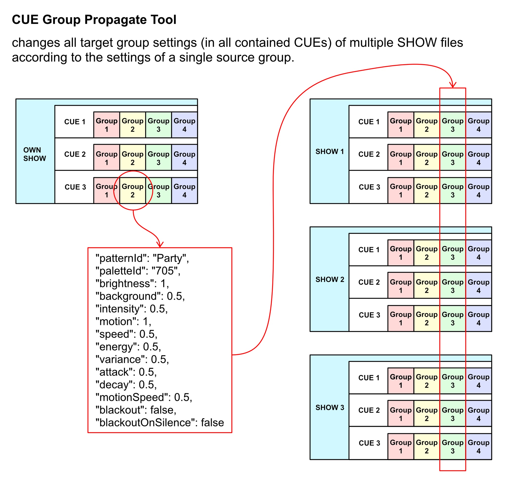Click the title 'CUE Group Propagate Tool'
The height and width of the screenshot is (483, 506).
(94, 20)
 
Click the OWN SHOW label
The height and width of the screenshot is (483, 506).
(35, 154)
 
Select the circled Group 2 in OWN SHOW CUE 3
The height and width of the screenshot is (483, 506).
(132, 190)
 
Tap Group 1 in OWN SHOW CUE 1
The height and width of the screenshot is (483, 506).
(106, 125)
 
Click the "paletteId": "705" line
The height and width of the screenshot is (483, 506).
(138, 271)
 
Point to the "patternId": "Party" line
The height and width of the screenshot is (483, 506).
(142, 258)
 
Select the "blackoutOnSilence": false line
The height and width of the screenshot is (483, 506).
(160, 422)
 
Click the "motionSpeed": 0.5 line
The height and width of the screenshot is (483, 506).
(144, 397)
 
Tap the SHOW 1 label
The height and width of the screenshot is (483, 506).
(330, 151)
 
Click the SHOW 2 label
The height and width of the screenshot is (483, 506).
(330, 279)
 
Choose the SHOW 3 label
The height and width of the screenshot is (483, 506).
(330, 407)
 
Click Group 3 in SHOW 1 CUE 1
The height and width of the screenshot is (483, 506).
(452, 125)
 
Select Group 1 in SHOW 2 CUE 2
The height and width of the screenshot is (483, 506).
(401, 286)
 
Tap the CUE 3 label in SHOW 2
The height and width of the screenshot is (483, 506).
(369, 315)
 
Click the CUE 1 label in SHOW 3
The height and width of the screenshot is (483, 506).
(369, 378)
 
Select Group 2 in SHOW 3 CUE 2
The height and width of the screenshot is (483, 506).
(426, 414)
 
